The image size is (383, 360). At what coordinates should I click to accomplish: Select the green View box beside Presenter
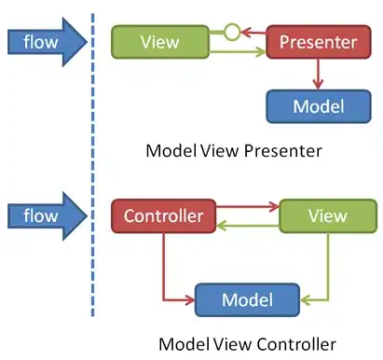(x=158, y=42)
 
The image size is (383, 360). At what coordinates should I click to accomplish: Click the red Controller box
(x=164, y=216)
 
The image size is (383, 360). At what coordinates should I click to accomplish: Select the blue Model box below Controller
(x=246, y=300)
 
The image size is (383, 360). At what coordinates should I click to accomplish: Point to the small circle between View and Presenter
(x=232, y=33)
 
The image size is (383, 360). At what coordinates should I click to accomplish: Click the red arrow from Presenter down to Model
(x=318, y=73)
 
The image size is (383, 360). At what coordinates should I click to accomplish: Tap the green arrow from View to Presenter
(x=237, y=51)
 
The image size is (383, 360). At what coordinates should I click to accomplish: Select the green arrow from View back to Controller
(x=247, y=226)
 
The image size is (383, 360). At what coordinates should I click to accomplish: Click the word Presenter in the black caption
(x=274, y=149)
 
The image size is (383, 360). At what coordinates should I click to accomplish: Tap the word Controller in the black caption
(x=289, y=342)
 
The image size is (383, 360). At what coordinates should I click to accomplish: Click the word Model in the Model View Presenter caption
(x=167, y=149)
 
